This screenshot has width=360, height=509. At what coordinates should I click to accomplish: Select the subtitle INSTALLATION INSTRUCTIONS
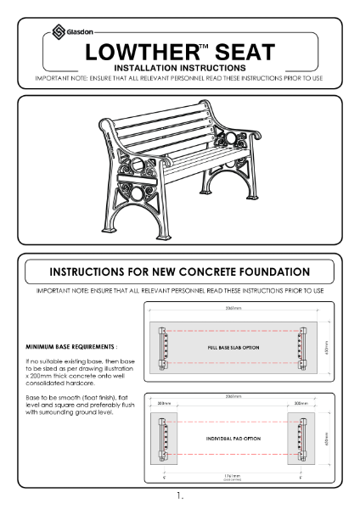(x=180, y=67)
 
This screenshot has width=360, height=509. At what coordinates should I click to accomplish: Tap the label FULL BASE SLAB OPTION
(x=238, y=348)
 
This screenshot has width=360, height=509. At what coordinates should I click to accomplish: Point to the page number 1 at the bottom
(x=179, y=495)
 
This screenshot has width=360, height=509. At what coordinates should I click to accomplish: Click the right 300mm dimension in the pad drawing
(x=313, y=405)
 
